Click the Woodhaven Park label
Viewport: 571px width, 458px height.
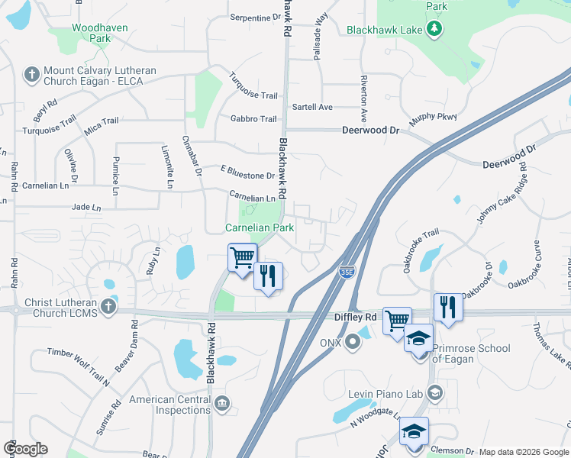(x=99, y=32)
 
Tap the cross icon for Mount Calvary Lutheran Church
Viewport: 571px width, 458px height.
(x=31, y=75)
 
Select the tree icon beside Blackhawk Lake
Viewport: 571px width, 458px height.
(x=434, y=29)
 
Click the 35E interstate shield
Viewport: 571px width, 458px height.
(x=346, y=271)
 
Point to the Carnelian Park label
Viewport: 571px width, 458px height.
(x=260, y=228)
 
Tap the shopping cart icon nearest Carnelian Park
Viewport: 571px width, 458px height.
(x=243, y=257)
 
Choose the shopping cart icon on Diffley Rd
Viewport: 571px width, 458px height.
(x=397, y=321)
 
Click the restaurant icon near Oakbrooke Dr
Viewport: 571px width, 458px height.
(x=448, y=308)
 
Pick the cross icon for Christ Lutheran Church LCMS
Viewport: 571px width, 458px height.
(x=108, y=307)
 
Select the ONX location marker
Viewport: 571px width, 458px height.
(x=353, y=341)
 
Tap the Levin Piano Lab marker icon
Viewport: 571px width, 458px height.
(x=434, y=393)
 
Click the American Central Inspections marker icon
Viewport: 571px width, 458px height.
(x=221, y=402)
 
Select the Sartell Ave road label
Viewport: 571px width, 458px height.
(x=312, y=108)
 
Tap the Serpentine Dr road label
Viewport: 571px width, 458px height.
(x=250, y=17)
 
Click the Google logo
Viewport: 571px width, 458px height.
(x=25, y=449)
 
